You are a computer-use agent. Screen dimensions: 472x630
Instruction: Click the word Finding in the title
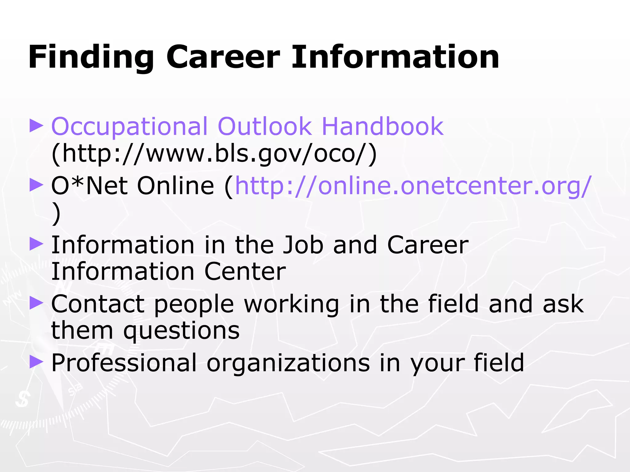tap(91, 57)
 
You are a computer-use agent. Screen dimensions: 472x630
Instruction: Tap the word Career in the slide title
tap(223, 57)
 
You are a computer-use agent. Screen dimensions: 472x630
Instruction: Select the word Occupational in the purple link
tap(129, 127)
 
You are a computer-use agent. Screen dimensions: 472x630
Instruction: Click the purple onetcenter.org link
tap(412, 186)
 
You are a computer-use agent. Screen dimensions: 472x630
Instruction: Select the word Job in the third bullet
tap(303, 245)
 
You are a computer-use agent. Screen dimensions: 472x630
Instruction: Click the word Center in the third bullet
tap(245, 272)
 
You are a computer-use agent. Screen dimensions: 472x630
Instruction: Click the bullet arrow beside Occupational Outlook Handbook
tap(36, 126)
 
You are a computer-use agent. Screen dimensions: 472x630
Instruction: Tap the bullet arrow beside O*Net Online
tap(36, 185)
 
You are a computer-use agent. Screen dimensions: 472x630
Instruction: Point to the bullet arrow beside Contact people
tap(36, 303)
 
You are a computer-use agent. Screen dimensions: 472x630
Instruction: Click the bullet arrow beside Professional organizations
tap(36, 362)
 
